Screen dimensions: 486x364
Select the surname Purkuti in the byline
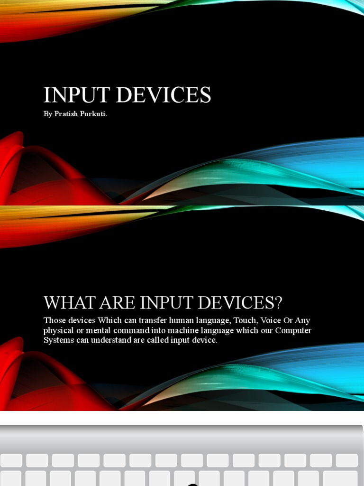pos(93,114)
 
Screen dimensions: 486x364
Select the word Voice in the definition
pos(271,320)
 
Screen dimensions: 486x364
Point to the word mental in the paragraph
pos(96,330)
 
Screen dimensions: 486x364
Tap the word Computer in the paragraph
pos(293,330)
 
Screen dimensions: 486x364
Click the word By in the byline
pos(48,114)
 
